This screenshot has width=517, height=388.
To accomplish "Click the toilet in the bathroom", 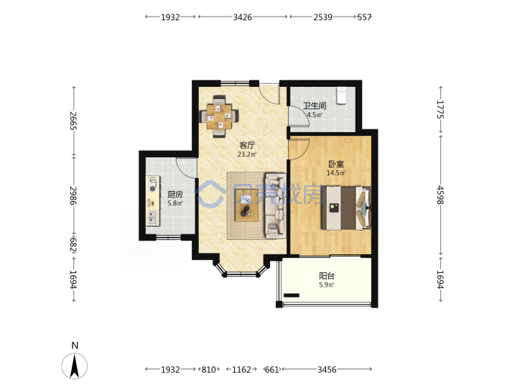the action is (x=341, y=96).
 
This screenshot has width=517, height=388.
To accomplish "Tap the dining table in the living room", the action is (x=219, y=116).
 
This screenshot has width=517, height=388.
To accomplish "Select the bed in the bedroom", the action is (x=346, y=208).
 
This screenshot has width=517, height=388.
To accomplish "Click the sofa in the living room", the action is (x=275, y=206).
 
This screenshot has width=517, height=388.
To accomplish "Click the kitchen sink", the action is (x=152, y=218).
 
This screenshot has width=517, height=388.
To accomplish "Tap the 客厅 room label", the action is (x=247, y=145).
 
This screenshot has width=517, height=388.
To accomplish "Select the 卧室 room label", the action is (x=336, y=164).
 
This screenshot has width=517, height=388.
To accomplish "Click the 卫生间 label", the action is (x=315, y=106).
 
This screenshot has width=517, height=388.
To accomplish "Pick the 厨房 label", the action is (x=175, y=195).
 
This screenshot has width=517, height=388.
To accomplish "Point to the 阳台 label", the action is (x=327, y=276).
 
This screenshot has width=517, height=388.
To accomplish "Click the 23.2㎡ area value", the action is (x=247, y=154).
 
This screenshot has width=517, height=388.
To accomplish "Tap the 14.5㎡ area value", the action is (x=336, y=173).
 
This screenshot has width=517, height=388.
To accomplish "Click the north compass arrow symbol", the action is (x=75, y=366).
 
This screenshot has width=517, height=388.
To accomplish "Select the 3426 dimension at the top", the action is (x=243, y=17).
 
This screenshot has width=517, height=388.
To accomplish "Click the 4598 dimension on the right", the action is (x=440, y=195).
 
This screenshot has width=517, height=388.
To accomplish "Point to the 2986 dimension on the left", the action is (x=73, y=195).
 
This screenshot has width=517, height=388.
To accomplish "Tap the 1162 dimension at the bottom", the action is (x=241, y=369).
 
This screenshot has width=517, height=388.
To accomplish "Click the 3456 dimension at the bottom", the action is (x=327, y=369).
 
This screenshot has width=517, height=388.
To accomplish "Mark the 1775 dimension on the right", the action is (x=440, y=109).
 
